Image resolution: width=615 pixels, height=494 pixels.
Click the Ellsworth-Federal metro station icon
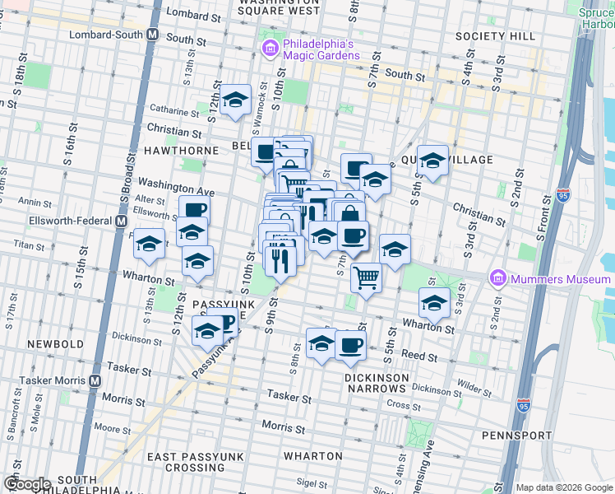point(121,221)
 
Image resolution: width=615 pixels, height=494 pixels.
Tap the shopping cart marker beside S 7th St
point(367,277)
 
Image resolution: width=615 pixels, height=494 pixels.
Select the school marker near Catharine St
point(236,101)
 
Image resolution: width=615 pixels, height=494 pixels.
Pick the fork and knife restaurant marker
point(280,259)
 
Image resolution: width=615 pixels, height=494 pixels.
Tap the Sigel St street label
point(312,482)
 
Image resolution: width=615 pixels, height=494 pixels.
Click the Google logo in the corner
point(26,484)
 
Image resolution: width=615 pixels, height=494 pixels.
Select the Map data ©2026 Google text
point(564,487)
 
